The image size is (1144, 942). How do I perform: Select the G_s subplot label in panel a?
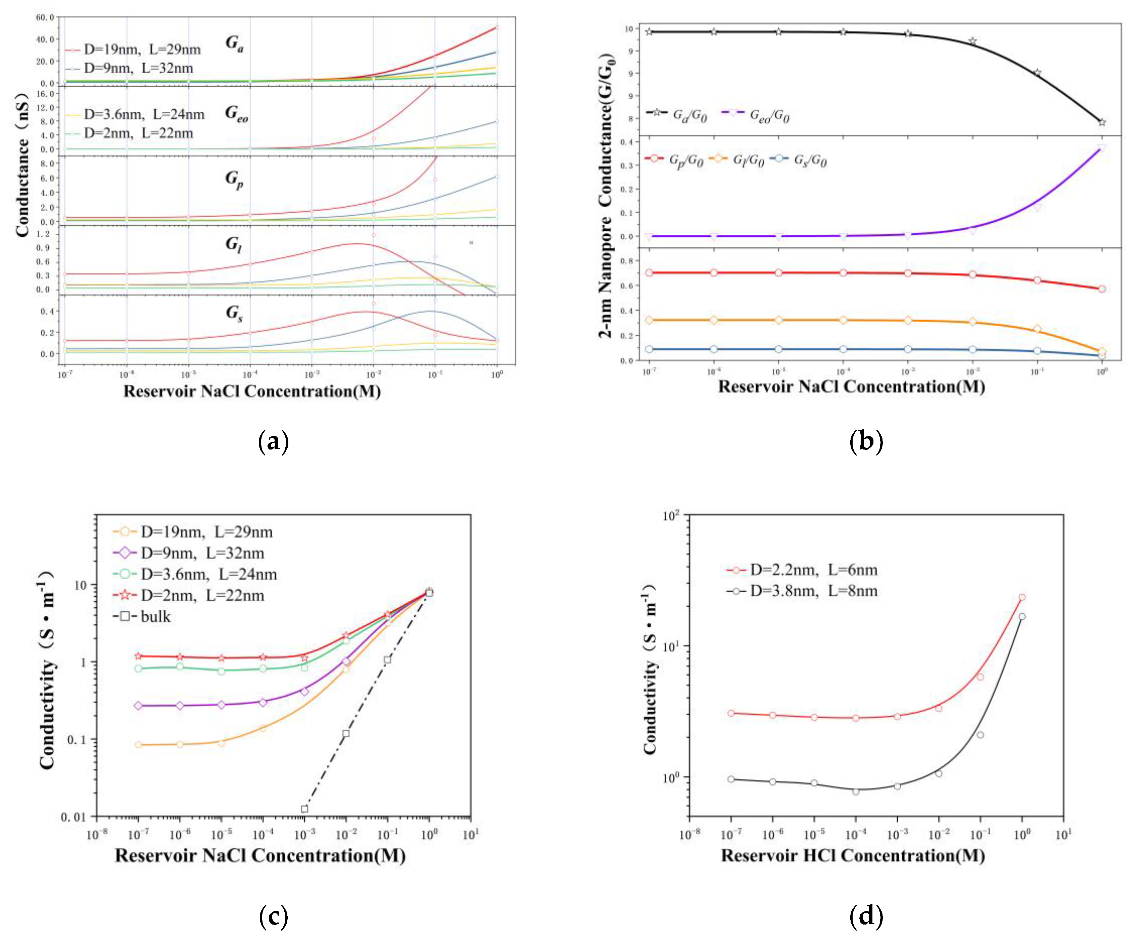tap(234, 313)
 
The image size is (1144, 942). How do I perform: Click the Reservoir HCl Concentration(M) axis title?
tap(853, 856)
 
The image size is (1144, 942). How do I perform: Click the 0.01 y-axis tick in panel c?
tap(73, 817)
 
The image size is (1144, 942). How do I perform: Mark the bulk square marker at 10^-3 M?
tap(305, 809)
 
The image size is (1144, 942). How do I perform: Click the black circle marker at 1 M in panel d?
tap(1022, 616)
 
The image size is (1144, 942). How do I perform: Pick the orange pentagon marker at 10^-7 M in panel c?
tap(138, 745)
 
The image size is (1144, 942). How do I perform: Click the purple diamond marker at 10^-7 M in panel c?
tap(138, 705)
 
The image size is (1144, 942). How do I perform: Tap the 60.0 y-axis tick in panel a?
tap(45, 17)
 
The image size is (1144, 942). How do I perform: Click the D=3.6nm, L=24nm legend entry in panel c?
tap(208, 574)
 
